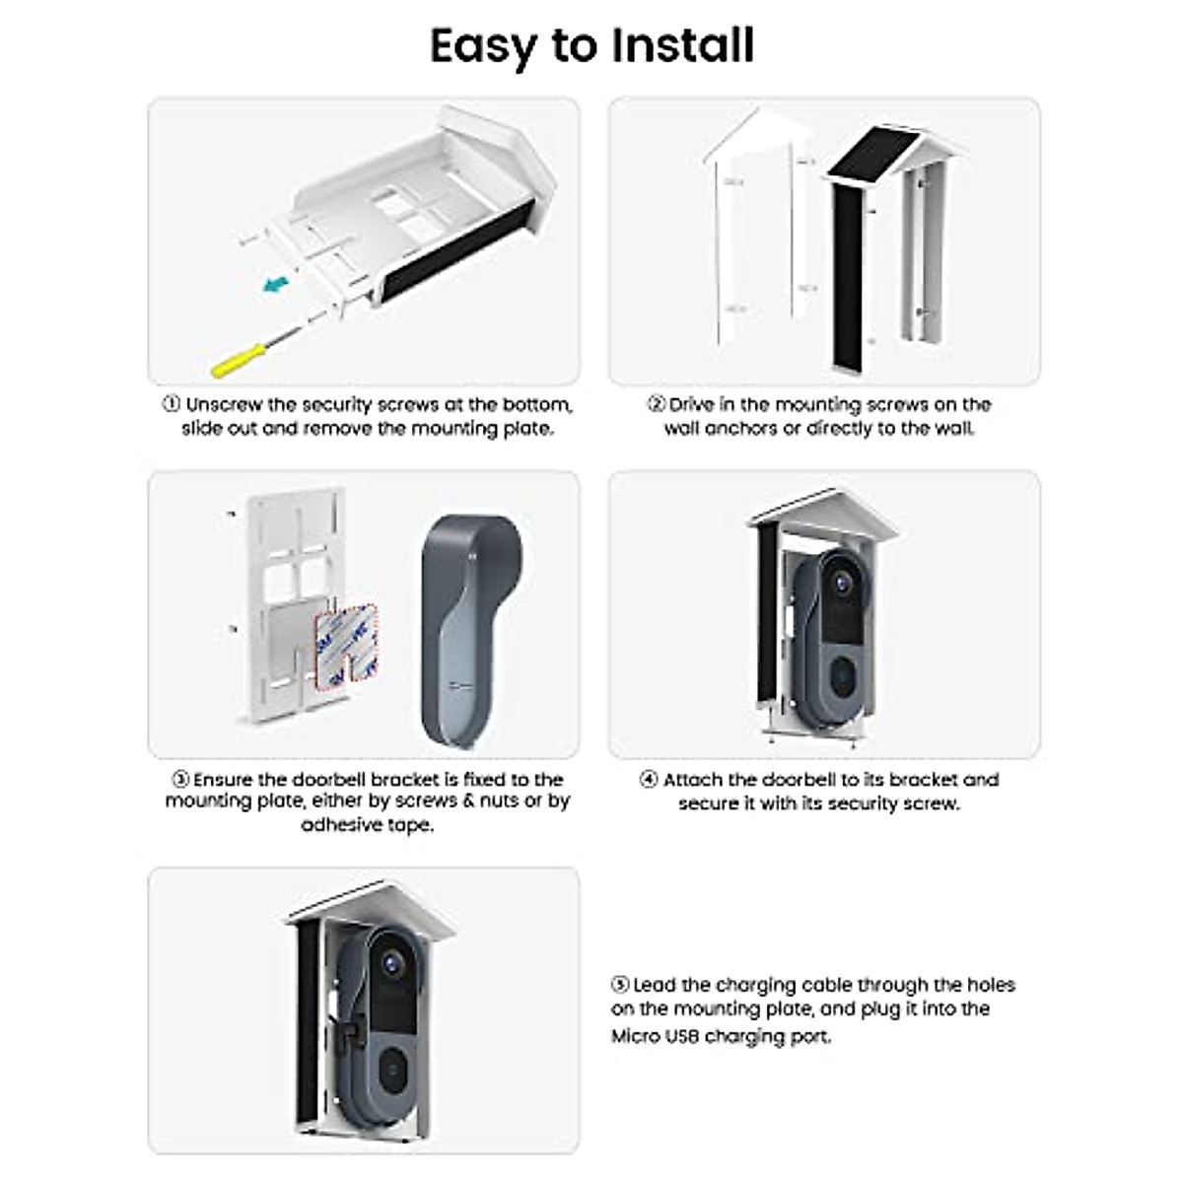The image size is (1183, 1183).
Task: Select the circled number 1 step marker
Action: tap(172, 405)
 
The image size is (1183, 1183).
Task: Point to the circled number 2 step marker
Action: tap(657, 405)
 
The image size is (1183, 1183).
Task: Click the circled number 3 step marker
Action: tap(179, 780)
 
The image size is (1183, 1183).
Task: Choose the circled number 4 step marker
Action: tap(649, 780)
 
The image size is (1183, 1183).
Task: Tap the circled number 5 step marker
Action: tap(620, 985)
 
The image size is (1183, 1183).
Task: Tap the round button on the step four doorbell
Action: tap(840, 675)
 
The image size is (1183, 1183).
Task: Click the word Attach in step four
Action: tap(693, 780)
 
